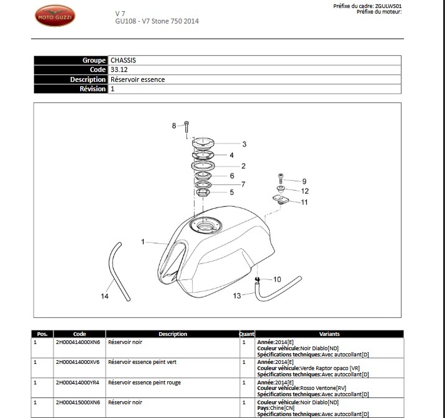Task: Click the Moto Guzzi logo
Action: [55, 16]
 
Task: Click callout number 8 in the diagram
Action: [175, 126]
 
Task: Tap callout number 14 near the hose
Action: [104, 297]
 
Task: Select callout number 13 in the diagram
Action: [237, 296]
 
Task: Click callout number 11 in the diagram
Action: [305, 202]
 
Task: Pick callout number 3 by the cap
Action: [244, 144]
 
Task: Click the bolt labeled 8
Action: [186, 127]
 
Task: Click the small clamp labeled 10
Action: [257, 279]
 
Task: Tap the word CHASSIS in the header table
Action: [123, 60]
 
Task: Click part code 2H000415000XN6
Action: [77, 402]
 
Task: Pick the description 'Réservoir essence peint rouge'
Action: [144, 383]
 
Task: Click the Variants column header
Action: [329, 334]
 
